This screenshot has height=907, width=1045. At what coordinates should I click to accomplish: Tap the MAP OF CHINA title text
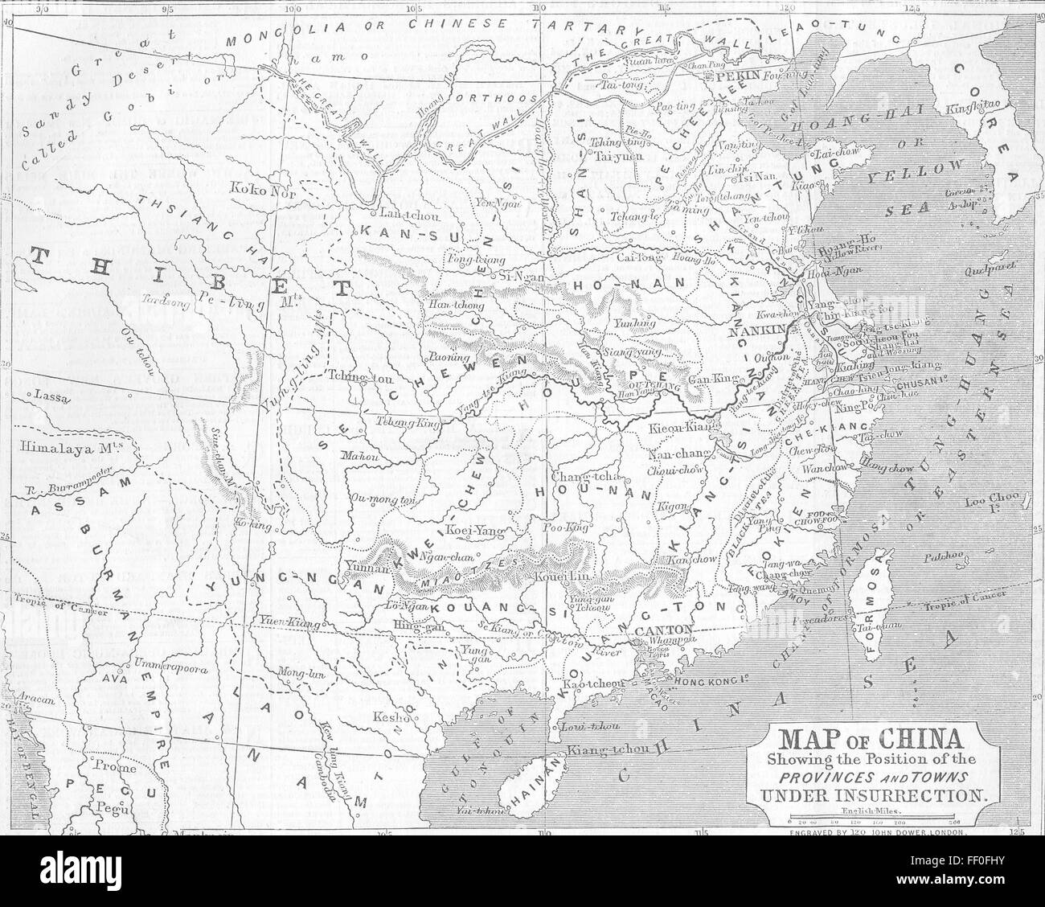tap(875, 738)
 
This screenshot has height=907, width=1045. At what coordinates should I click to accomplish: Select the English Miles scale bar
tap(876, 823)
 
